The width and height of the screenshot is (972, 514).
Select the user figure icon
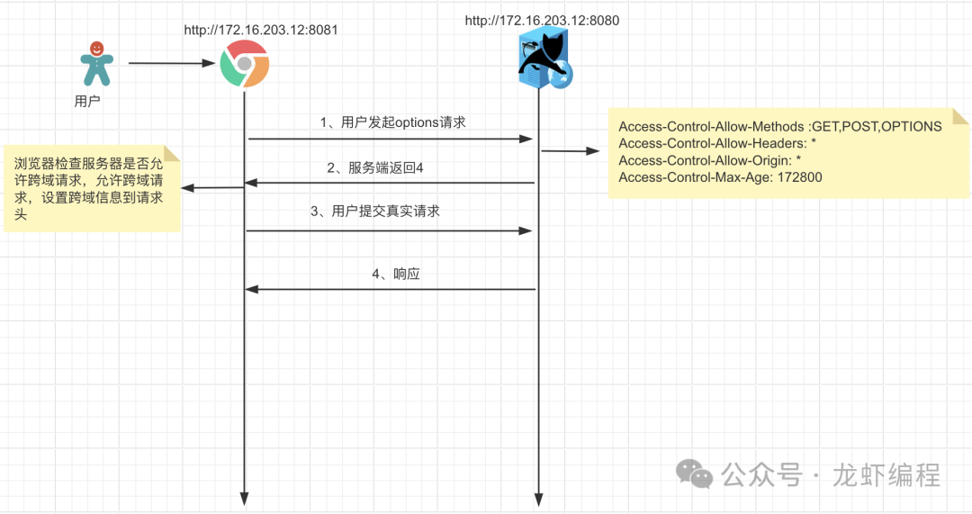tap(97, 63)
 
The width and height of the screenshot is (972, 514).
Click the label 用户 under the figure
tap(87, 102)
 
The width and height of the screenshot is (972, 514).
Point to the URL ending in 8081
tap(261, 30)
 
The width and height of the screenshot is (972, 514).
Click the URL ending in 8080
tap(542, 20)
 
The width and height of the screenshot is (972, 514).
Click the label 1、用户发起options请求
tap(393, 122)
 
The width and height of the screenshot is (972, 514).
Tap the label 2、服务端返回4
tap(374, 167)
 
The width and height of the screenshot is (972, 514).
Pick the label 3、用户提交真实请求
tap(375, 212)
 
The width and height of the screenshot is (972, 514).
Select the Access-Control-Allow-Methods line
tap(779, 127)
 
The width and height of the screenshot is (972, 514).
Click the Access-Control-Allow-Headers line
tap(717, 144)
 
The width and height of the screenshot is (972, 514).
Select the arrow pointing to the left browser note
tap(212, 187)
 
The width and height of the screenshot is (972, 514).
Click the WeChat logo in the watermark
tap(696, 473)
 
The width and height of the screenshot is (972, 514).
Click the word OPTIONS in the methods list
tap(911, 127)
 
